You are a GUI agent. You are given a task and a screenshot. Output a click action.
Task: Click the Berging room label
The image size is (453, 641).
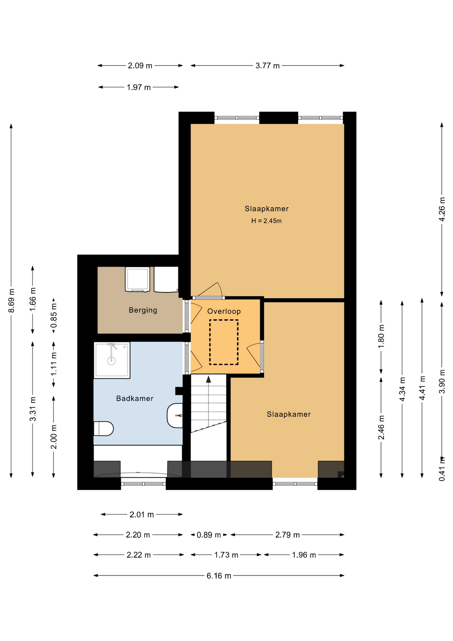coord(143,310)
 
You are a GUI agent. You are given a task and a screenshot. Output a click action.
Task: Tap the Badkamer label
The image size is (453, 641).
coord(135,398)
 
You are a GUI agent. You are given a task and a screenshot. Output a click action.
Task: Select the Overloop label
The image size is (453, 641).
coord(224,311)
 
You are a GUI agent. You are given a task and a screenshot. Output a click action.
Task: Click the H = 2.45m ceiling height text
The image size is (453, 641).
coord(266,221)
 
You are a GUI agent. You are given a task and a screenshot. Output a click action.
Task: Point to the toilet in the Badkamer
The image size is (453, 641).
coord(103,428)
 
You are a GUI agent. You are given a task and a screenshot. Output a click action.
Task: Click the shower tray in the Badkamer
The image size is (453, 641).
coord(112,360)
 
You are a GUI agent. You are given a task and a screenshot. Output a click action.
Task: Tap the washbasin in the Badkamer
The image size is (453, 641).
coord(175,415)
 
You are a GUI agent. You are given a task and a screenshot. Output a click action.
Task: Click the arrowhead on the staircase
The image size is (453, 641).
coord(208,379)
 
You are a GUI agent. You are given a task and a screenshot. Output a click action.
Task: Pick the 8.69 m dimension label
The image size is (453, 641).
coord(11,300)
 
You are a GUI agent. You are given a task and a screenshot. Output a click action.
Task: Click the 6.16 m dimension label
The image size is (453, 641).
coord(219,576)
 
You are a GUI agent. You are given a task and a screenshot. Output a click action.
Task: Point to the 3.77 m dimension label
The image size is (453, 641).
coord(268,66)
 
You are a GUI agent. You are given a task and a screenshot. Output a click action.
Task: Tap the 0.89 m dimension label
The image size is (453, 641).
coord(209,535)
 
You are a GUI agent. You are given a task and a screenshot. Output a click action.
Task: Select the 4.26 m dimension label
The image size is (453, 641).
coord(442,209)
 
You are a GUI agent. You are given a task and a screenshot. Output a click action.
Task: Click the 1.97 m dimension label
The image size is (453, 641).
coord(139,87)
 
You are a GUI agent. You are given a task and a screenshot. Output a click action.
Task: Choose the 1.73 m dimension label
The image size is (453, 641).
coord(226,555)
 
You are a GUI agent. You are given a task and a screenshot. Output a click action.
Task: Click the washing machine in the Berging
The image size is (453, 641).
coord(137,279)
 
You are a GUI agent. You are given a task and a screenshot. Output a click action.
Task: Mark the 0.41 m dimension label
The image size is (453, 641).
coord(442,469)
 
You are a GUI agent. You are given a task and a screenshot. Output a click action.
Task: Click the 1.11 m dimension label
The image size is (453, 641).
coord(54,364)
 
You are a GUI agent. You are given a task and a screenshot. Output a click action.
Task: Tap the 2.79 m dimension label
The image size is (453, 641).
coord(288,535)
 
